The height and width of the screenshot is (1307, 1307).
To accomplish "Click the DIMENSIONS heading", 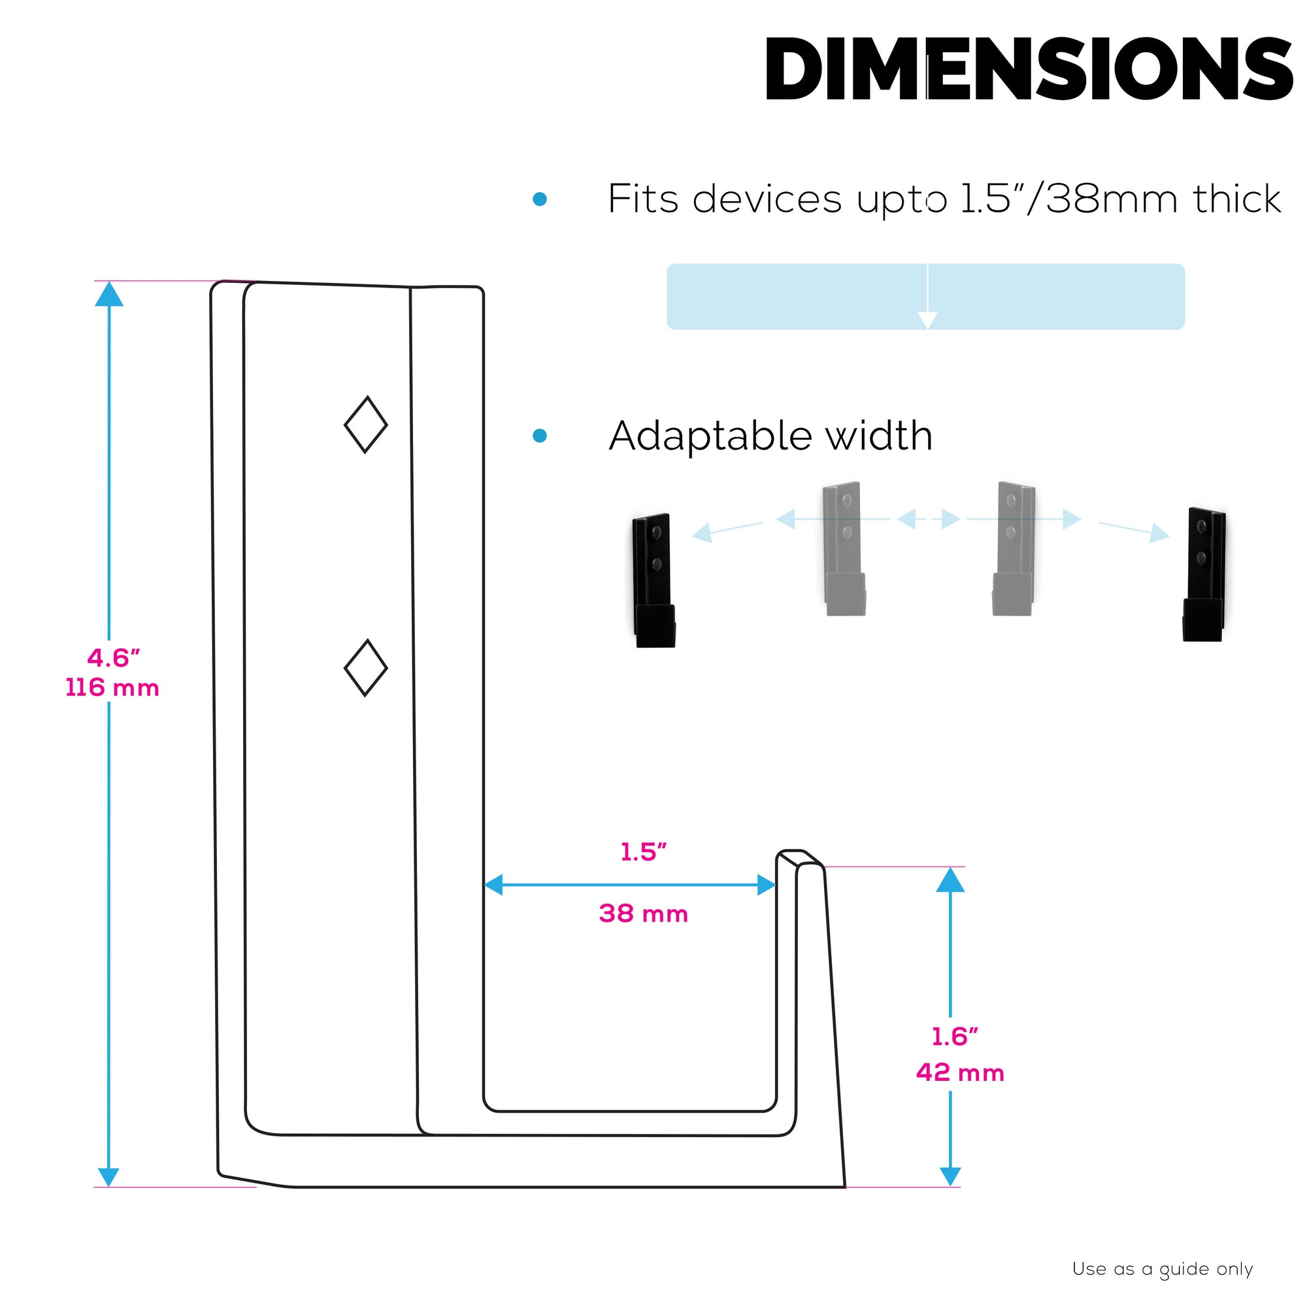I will pos(1028,69).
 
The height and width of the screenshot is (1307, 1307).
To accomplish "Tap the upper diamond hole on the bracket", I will pos(366,425).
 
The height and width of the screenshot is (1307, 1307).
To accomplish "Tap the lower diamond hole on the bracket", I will pos(366,668).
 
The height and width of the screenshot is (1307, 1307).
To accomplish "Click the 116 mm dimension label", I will pos(112,688).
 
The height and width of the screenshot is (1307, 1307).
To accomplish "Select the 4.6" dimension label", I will pos(113,657).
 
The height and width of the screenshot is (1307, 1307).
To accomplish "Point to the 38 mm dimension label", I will pos(643,914).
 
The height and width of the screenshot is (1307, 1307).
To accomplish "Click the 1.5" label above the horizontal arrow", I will pos(643,852).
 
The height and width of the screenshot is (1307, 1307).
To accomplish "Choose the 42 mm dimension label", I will pos(959,1072).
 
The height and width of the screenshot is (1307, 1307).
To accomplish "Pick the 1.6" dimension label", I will pos(955,1036).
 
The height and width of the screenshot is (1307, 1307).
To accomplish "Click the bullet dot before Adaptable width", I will pos(540,436).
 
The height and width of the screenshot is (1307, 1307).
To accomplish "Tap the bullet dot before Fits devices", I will pos(540,199).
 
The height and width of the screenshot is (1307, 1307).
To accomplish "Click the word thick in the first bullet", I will pos(1236,199).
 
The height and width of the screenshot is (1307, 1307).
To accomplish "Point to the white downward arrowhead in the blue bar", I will pos(927,320).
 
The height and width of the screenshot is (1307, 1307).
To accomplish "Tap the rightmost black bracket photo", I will pos(1204,574).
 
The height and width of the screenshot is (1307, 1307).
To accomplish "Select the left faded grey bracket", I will pos(844,549).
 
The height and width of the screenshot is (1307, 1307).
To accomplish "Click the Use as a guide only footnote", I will pos(1162,1269).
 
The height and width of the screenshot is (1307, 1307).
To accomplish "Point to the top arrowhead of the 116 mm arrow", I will pos(109,294).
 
